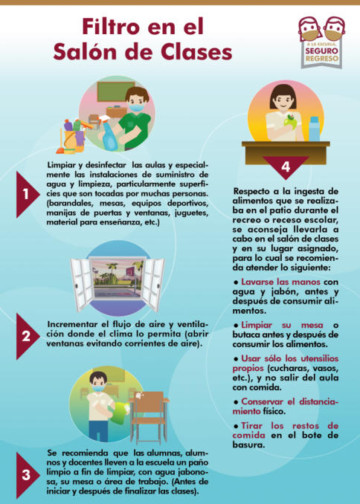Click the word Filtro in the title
coord(111,27)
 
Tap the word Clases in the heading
coord(196,52)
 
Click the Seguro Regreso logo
coord(321,42)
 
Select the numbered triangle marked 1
coord(28,195)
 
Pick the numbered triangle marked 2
coord(28,336)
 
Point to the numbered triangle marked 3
coord(28,475)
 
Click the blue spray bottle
coord(108,135)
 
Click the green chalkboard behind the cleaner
coord(115,91)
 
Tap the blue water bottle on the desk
coord(314,129)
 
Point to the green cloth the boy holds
coord(121,413)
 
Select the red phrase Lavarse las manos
coord(280,282)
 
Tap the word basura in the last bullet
coord(248,445)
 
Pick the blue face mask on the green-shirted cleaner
coord(136,107)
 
